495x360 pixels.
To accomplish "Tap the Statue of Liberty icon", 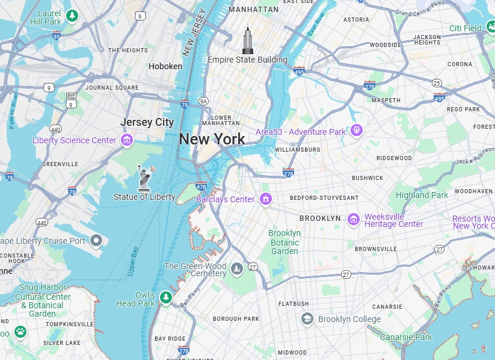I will [x=144, y=178].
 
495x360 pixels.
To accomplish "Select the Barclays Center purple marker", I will [x=265, y=199].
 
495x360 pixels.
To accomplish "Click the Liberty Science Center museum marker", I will [x=126, y=140].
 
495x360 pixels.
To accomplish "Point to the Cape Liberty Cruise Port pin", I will [x=96, y=241].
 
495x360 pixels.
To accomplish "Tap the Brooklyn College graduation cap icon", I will [x=307, y=318].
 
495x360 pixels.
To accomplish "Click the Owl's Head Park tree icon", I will [x=166, y=297].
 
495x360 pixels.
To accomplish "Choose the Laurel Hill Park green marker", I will [x=72, y=15].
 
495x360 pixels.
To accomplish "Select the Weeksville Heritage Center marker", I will [x=354, y=220].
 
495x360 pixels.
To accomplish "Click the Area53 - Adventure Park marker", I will [x=357, y=130].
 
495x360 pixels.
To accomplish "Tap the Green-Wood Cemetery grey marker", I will [x=237, y=269].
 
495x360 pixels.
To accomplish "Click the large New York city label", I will [x=212, y=139].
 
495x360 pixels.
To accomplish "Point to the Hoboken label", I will [x=165, y=66].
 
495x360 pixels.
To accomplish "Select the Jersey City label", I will [x=147, y=122].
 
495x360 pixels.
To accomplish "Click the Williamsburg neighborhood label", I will [x=297, y=149].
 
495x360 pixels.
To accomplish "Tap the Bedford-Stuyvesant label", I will [x=324, y=197].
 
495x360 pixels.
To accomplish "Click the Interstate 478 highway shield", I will [x=201, y=187].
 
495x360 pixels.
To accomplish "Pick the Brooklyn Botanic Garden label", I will [x=284, y=242].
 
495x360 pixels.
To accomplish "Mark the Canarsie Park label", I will [x=406, y=337].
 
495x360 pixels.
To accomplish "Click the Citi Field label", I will [x=465, y=28].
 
